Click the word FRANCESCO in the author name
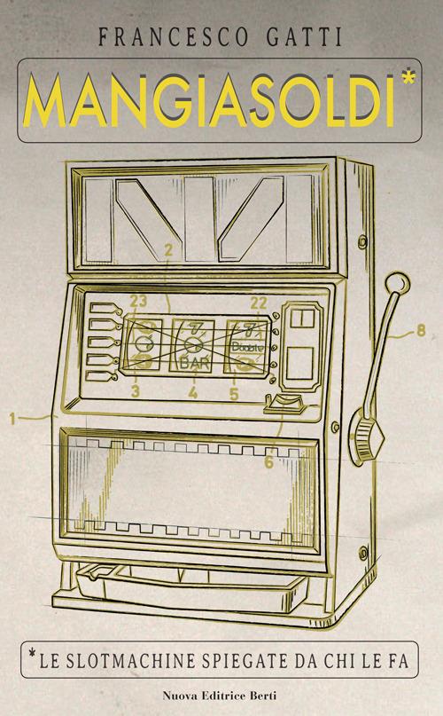coord(173,37)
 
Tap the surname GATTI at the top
coord(305,37)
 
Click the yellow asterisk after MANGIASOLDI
coord(408,76)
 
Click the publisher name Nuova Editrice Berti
coord(220,696)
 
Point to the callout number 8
coord(421,330)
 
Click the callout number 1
coord(12,418)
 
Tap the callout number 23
coord(138,301)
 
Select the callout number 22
coord(258,303)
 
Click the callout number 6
coord(268,462)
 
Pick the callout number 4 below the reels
coord(193,392)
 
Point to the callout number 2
coord(169,249)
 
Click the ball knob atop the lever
coord(398,282)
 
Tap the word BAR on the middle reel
coord(195,364)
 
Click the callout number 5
coord(234,394)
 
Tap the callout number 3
coord(135,391)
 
